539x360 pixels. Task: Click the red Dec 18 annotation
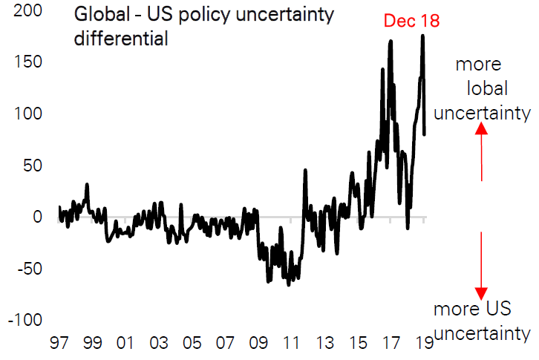tap(411, 21)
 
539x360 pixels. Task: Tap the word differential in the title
tap(120, 39)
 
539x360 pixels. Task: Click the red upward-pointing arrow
tap(481, 152)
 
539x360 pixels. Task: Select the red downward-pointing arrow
tap(481, 264)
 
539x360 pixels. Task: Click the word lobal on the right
tap(487, 89)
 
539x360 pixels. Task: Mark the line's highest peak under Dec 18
tap(422, 36)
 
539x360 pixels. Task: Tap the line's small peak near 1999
tap(87, 185)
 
